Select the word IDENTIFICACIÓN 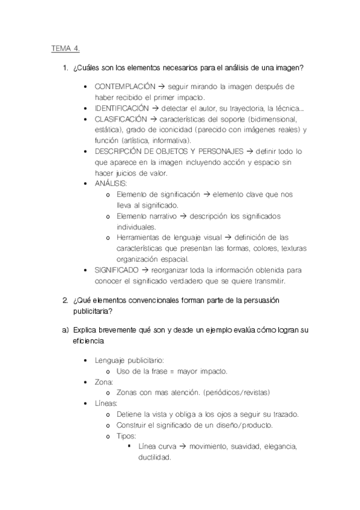[121, 108]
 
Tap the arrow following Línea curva [183, 446]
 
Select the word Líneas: [106, 403]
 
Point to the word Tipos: [127, 435]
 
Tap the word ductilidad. [155, 457]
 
